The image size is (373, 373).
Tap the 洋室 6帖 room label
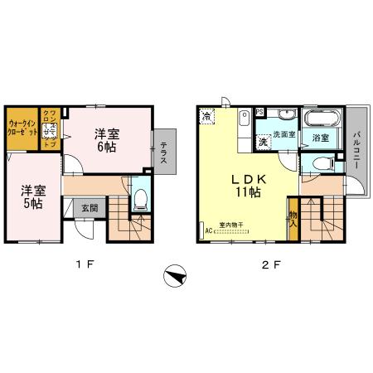(104, 140)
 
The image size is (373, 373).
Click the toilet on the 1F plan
(141, 198)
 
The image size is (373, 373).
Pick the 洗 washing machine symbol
(263, 142)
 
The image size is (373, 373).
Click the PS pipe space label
(259, 113)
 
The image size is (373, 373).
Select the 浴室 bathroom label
(320, 138)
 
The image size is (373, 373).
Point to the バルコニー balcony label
(356, 149)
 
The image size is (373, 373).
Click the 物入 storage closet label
(293, 217)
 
